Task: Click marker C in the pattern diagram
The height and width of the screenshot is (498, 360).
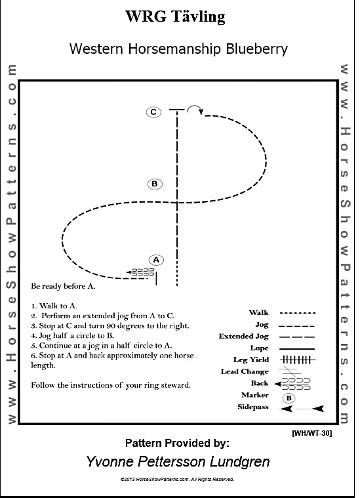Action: pos(153,112)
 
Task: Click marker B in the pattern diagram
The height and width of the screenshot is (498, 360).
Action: pos(155,184)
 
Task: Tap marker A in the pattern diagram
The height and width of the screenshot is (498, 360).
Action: pos(156,260)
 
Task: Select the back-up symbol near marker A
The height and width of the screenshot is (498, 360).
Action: pos(140,272)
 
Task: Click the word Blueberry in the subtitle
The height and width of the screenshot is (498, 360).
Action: pos(257,49)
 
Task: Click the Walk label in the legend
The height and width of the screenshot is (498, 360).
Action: pos(258,312)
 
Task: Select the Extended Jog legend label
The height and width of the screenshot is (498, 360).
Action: pos(243,336)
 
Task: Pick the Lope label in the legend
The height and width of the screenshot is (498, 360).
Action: pos(260,348)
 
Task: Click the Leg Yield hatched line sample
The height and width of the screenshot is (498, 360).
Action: pos(298,360)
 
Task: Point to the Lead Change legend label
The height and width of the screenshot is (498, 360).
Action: pos(245,371)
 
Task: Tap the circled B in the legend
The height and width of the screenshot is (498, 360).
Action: pos(289,398)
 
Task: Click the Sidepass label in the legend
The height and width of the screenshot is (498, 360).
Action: pos(253,407)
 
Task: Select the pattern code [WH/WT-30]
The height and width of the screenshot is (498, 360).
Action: pos(311,433)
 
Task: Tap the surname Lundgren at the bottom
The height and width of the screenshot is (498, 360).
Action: pos(240,462)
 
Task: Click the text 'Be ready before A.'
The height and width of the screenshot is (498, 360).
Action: pos(63,286)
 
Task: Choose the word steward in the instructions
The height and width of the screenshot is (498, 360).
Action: pos(176,385)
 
